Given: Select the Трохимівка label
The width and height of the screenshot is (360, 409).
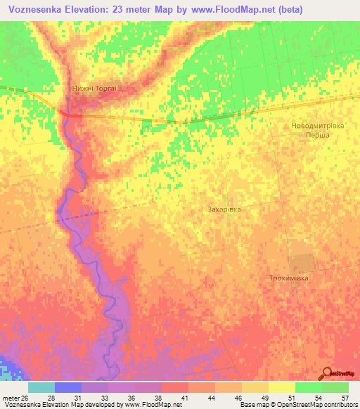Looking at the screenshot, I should (x=289, y=278).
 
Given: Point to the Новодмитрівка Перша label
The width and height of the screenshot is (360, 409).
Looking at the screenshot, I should (x=317, y=130).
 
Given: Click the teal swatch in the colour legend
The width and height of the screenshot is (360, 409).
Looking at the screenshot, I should (x=41, y=387).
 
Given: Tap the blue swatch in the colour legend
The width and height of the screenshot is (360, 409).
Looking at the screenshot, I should (x=67, y=387).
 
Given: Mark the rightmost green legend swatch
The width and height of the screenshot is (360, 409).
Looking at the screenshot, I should (x=335, y=387).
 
